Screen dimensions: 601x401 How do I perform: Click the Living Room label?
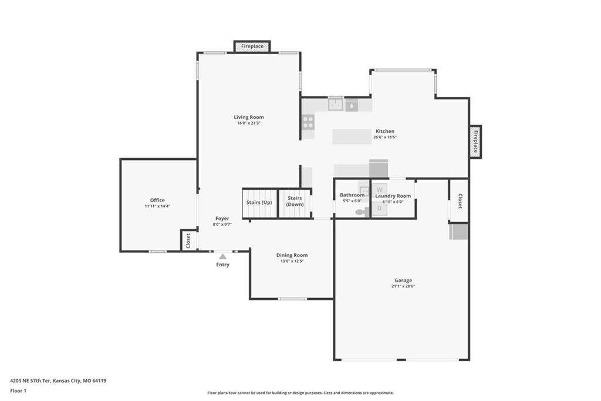point(249,117)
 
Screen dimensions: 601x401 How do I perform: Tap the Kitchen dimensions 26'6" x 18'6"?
point(385,137)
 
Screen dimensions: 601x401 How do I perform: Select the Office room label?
point(157,200)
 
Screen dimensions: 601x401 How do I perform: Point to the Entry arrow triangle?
point(222,256)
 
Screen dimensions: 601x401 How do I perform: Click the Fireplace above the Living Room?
point(252,46)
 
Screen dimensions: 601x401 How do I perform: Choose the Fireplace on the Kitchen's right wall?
point(475,142)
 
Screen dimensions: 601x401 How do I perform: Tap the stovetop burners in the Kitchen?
point(308,122)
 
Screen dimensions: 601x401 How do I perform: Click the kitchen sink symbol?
point(335,104)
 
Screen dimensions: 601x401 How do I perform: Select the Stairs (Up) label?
point(259,202)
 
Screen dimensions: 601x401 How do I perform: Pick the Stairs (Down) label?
point(295,201)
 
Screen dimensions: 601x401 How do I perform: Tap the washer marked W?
point(380,189)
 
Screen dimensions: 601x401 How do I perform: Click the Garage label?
point(403,280)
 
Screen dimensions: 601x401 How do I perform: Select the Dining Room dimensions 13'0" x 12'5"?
point(292,261)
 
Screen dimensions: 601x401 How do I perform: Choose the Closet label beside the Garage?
point(460,201)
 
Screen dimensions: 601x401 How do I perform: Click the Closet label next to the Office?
point(188,241)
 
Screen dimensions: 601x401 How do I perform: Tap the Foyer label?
point(222,219)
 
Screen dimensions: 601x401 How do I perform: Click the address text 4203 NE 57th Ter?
point(31,381)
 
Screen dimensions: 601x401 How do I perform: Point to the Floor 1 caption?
point(18,391)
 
